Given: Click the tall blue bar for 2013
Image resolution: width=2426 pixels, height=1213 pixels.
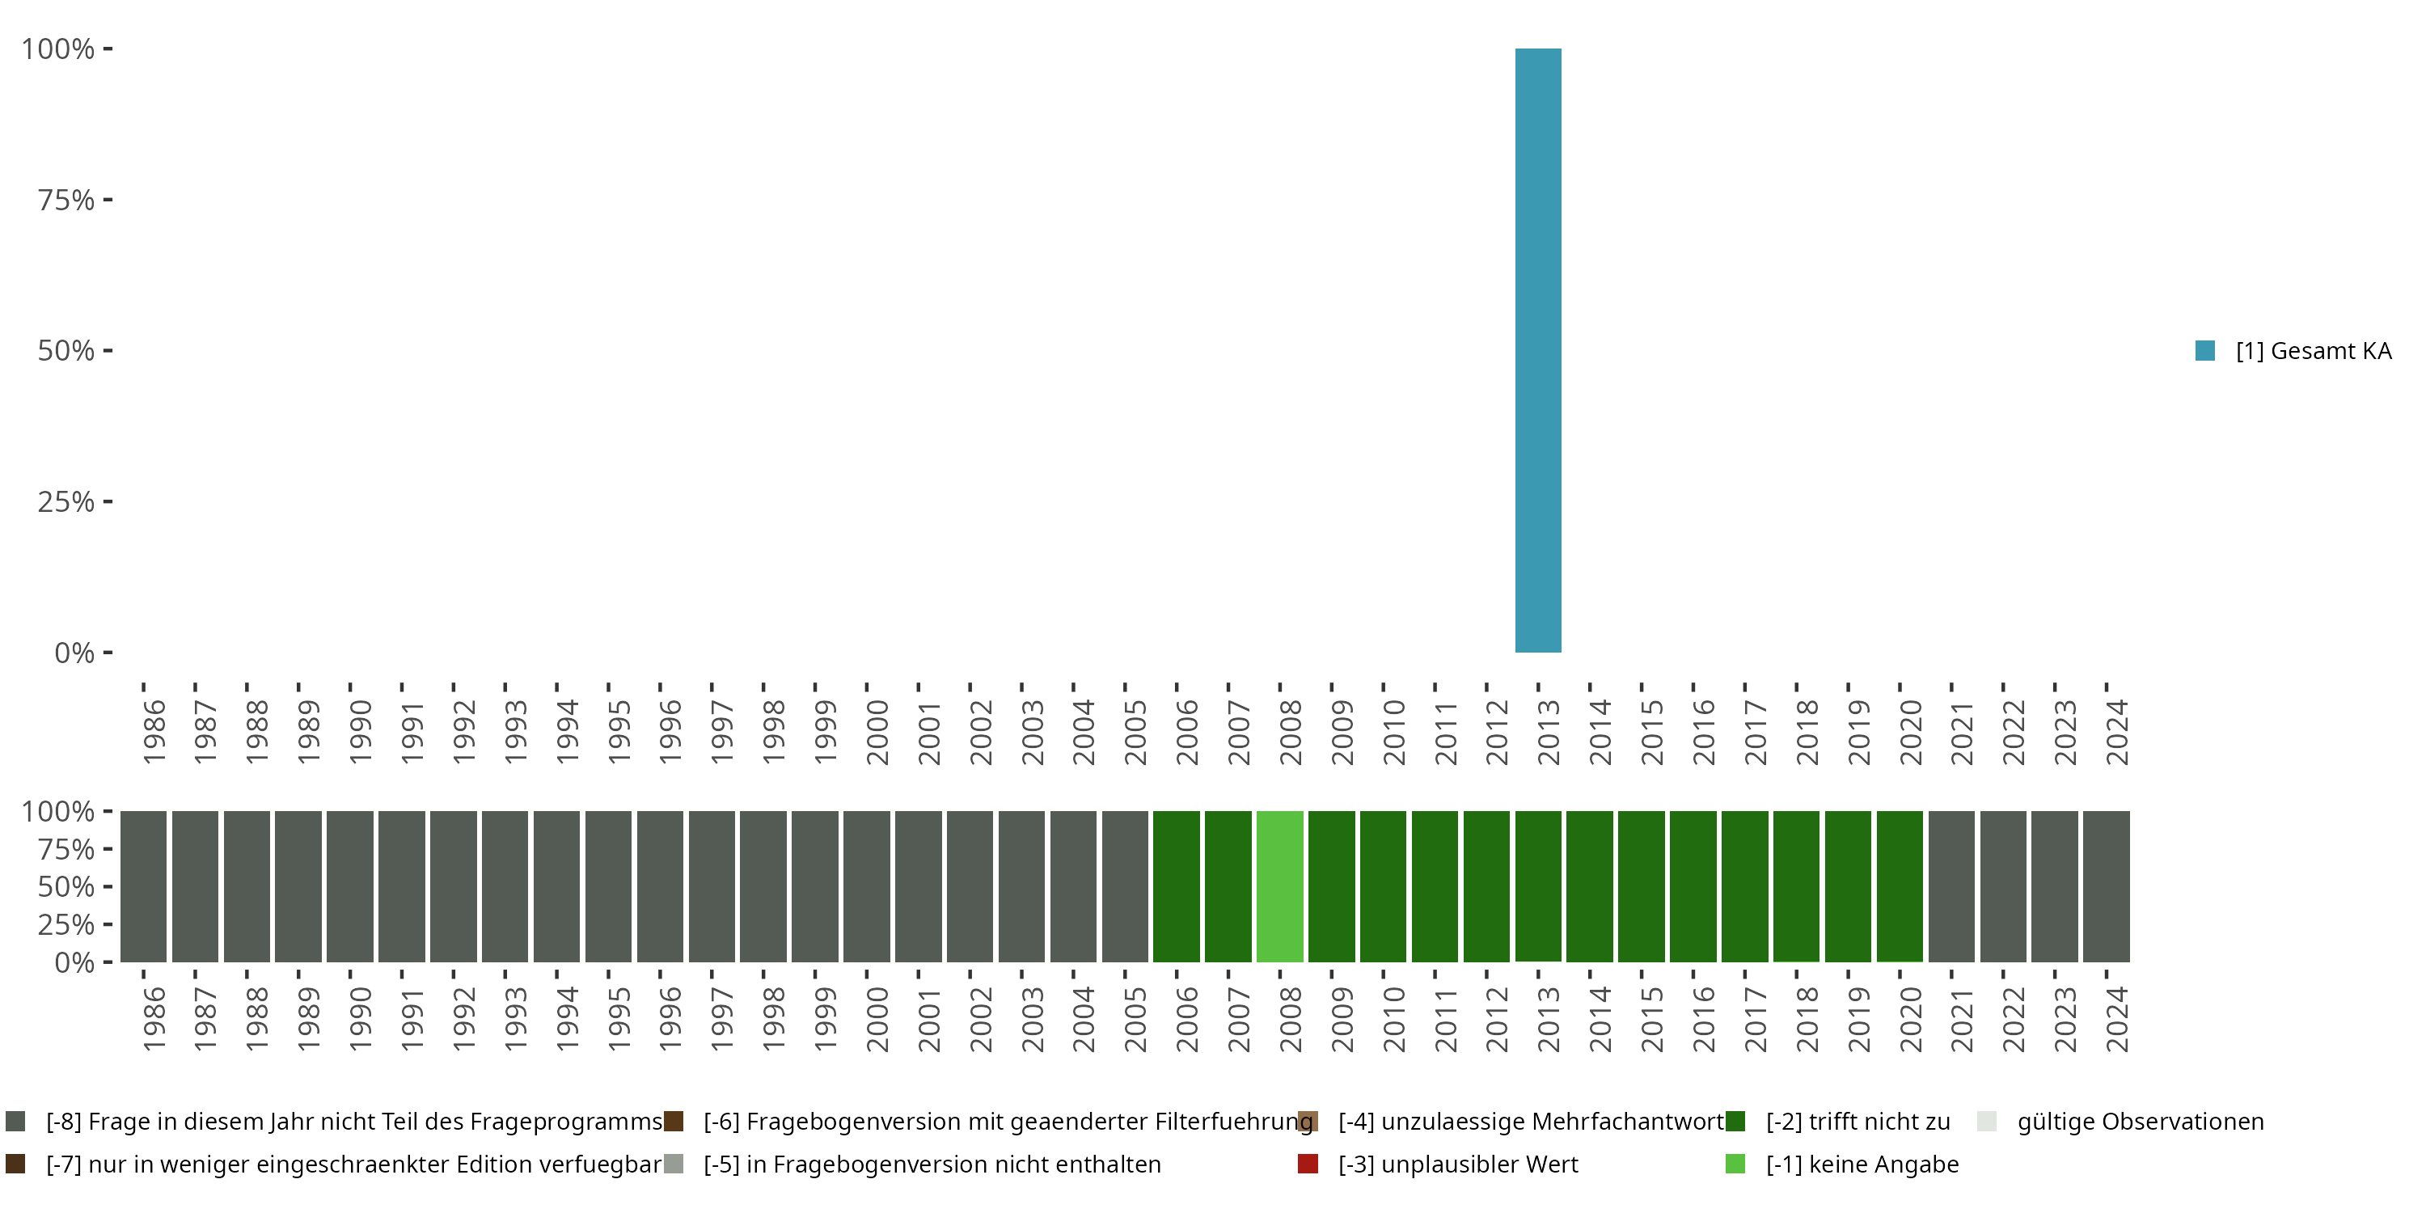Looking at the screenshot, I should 1538,350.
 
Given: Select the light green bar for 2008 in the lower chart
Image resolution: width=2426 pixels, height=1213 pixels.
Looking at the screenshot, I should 1280,886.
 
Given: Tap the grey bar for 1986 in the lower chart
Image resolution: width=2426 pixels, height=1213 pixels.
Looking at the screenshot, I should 143,886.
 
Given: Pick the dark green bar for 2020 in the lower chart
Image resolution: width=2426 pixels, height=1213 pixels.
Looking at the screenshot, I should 1900,886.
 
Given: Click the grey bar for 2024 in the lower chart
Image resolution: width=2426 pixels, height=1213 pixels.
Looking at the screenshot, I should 2107,886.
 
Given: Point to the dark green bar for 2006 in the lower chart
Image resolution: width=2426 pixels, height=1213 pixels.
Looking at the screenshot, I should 1177,886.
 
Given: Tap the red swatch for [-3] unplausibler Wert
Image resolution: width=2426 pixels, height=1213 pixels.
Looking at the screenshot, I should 1307,1164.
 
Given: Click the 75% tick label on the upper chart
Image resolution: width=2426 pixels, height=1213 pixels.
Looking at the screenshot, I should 66,200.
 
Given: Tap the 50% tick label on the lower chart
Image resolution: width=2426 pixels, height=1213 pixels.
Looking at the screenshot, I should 66,886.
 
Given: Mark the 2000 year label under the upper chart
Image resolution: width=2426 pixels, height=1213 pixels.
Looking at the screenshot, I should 877,732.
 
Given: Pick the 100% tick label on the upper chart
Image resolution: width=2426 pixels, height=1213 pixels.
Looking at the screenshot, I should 58,49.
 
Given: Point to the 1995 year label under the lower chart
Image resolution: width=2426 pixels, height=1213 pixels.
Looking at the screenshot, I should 619,1019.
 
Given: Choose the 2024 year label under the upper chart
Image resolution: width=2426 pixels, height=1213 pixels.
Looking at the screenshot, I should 2116,732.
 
